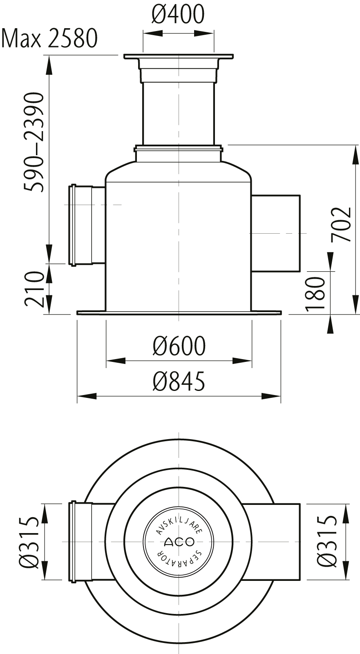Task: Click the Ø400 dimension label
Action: tap(178, 14)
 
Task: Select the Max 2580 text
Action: tap(49, 38)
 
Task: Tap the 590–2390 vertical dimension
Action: tap(34, 142)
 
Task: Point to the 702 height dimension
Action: tap(341, 225)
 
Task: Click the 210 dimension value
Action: tap(34, 288)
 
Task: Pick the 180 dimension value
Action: tap(315, 294)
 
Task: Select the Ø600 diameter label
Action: tap(179, 346)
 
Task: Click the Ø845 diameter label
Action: tap(179, 381)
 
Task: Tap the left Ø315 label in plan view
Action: tap(29, 542)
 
